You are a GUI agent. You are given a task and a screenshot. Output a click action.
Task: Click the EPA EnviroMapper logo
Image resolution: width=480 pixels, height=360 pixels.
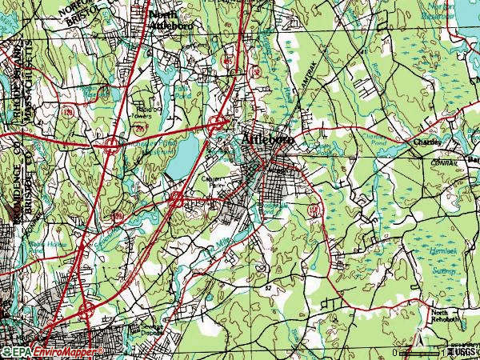pos(52,351)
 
